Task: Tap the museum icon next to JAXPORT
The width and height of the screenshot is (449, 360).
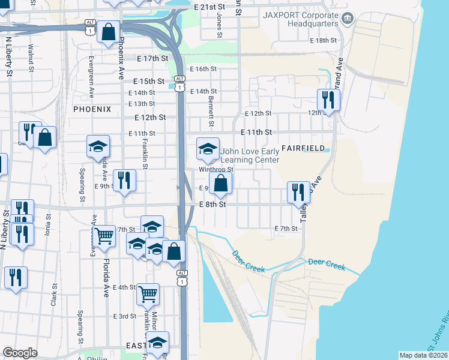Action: (347, 19)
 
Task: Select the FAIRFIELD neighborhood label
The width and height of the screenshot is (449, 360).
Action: (303, 148)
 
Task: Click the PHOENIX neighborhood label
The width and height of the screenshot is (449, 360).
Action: (92, 109)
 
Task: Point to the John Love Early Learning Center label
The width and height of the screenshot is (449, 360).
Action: (250, 156)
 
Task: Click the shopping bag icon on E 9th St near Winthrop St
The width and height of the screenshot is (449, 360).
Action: (221, 183)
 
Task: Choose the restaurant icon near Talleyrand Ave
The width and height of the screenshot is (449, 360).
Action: (298, 192)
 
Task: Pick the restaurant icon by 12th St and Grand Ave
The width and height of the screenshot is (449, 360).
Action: (328, 100)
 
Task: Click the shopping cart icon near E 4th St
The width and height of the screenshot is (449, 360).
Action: (148, 294)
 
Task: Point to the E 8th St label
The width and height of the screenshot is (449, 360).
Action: (212, 205)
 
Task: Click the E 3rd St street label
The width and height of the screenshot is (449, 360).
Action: (125, 316)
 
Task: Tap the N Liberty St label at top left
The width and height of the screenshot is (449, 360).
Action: (9, 56)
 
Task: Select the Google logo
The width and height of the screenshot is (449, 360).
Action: (20, 353)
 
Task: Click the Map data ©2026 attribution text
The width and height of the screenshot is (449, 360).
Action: (423, 355)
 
